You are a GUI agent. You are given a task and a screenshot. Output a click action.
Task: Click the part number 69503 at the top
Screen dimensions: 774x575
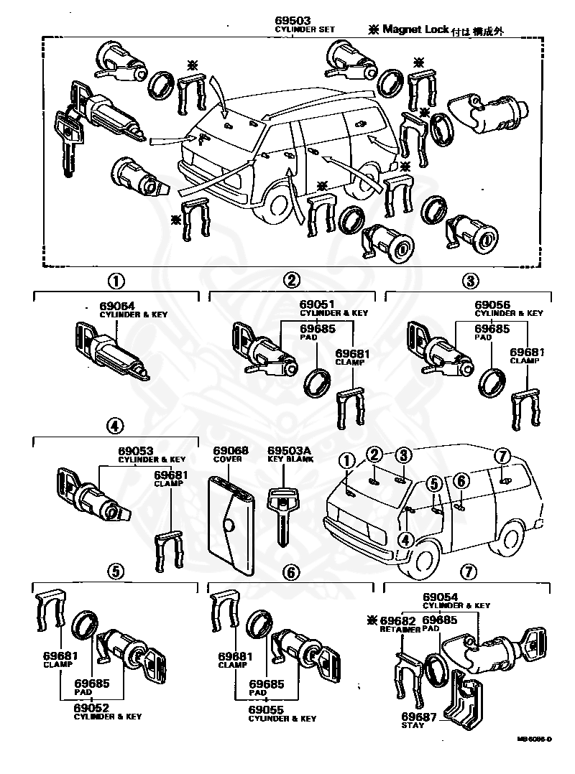pos(293,20)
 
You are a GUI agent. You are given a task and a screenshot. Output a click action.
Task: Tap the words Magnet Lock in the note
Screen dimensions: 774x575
pos(415,29)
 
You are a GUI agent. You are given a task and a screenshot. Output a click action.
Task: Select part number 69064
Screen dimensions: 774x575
pos(117,305)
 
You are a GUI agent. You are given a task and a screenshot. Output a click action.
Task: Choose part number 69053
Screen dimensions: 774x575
pos(136,450)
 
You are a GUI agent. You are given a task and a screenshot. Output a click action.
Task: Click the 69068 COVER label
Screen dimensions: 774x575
pos(231,454)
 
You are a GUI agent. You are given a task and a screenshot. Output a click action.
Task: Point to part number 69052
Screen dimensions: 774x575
pos(91,707)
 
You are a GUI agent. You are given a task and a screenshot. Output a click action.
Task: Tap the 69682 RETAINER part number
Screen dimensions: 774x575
pos(399,620)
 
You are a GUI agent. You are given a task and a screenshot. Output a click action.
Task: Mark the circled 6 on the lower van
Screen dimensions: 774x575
pos(461,481)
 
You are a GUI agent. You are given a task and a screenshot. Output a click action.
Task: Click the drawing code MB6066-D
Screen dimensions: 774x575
pos(533,738)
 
